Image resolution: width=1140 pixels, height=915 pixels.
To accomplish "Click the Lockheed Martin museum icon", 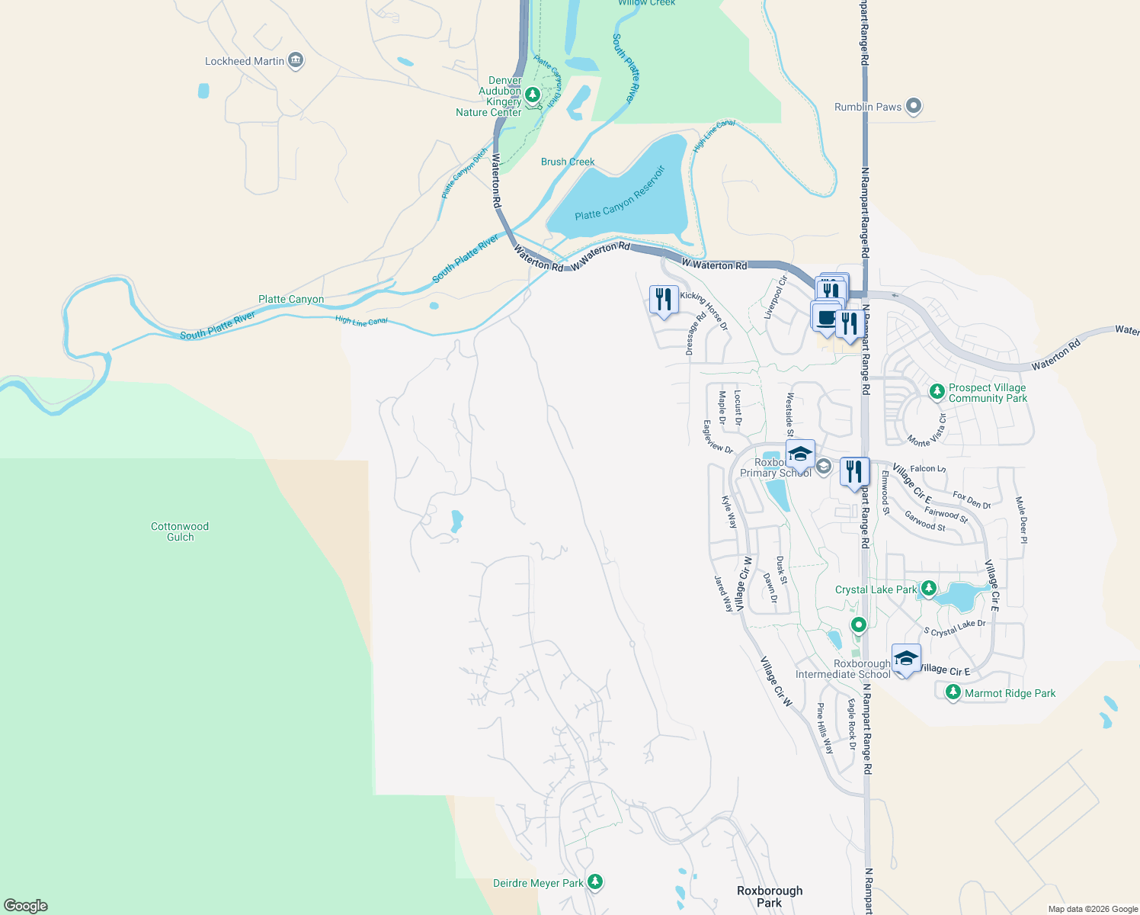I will pos(296,61).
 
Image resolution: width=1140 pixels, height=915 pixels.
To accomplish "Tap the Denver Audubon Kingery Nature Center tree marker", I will pos(533,95).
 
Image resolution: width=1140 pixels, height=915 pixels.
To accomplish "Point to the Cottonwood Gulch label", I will pos(180,531).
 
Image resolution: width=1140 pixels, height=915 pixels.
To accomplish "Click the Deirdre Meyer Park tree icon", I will pos(595,882).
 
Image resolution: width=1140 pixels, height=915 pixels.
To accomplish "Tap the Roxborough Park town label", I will pos(770,897).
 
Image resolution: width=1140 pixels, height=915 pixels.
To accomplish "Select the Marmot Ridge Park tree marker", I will pos(953,692).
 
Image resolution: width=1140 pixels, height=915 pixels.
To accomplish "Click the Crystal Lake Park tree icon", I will pos(928,589).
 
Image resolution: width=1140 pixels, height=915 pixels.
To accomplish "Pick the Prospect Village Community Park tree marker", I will pos(937,392).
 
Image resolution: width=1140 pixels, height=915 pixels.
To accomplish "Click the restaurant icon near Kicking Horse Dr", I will pos(664,298).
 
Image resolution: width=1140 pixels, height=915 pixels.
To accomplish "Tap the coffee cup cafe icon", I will pos(826,317).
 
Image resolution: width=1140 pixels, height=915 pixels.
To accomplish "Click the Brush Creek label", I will pos(568,162).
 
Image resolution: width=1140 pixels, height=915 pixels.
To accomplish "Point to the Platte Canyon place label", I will pos(291,299).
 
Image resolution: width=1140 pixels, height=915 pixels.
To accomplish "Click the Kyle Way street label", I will pos(729,512).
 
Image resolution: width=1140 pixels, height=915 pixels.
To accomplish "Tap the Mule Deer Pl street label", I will pos(1022,520).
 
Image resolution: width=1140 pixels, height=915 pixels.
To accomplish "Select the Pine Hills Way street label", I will pos(825,728).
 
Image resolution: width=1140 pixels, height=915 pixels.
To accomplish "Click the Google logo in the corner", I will pos(25,906).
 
